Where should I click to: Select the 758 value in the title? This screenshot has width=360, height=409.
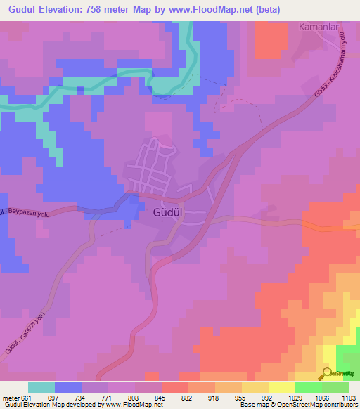pyautogui.click(x=112, y=10)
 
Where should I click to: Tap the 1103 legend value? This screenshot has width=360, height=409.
pyautogui.click(x=347, y=397)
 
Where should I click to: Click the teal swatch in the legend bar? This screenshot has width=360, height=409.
pyautogui.click(x=41, y=387)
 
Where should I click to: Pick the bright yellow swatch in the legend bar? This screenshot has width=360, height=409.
pyautogui.click(x=282, y=387)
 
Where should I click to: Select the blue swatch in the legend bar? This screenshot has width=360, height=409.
pyautogui.click(x=68, y=387)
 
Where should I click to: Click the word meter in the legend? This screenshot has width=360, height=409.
pyautogui.click(x=9, y=397)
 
